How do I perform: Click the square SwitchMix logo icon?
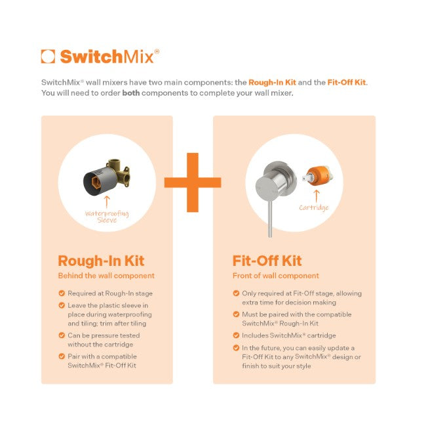tap(48, 56)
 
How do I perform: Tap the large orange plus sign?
tap(193, 183)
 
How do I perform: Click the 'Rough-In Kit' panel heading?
tap(101, 261)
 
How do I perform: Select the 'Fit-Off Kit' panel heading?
tap(267, 261)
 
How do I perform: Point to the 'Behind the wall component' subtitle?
tap(106, 276)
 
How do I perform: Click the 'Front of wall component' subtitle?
tap(276, 276)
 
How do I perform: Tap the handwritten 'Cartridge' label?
tap(314, 207)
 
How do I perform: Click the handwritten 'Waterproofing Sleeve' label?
tap(107, 217)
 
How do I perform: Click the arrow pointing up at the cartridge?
tap(317, 196)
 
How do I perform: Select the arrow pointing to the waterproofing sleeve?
tap(107, 202)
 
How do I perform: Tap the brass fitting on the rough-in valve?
tap(119, 172)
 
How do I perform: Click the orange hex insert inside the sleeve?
tap(96, 182)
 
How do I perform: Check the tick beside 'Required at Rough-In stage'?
tap(62, 293)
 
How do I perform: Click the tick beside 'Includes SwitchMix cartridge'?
tap(236, 335)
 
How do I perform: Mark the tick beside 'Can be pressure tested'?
tap(62, 335)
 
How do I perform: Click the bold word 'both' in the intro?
tap(131, 93)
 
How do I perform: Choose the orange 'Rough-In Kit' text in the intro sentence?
tap(272, 82)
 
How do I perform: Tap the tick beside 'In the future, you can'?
tap(236, 348)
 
